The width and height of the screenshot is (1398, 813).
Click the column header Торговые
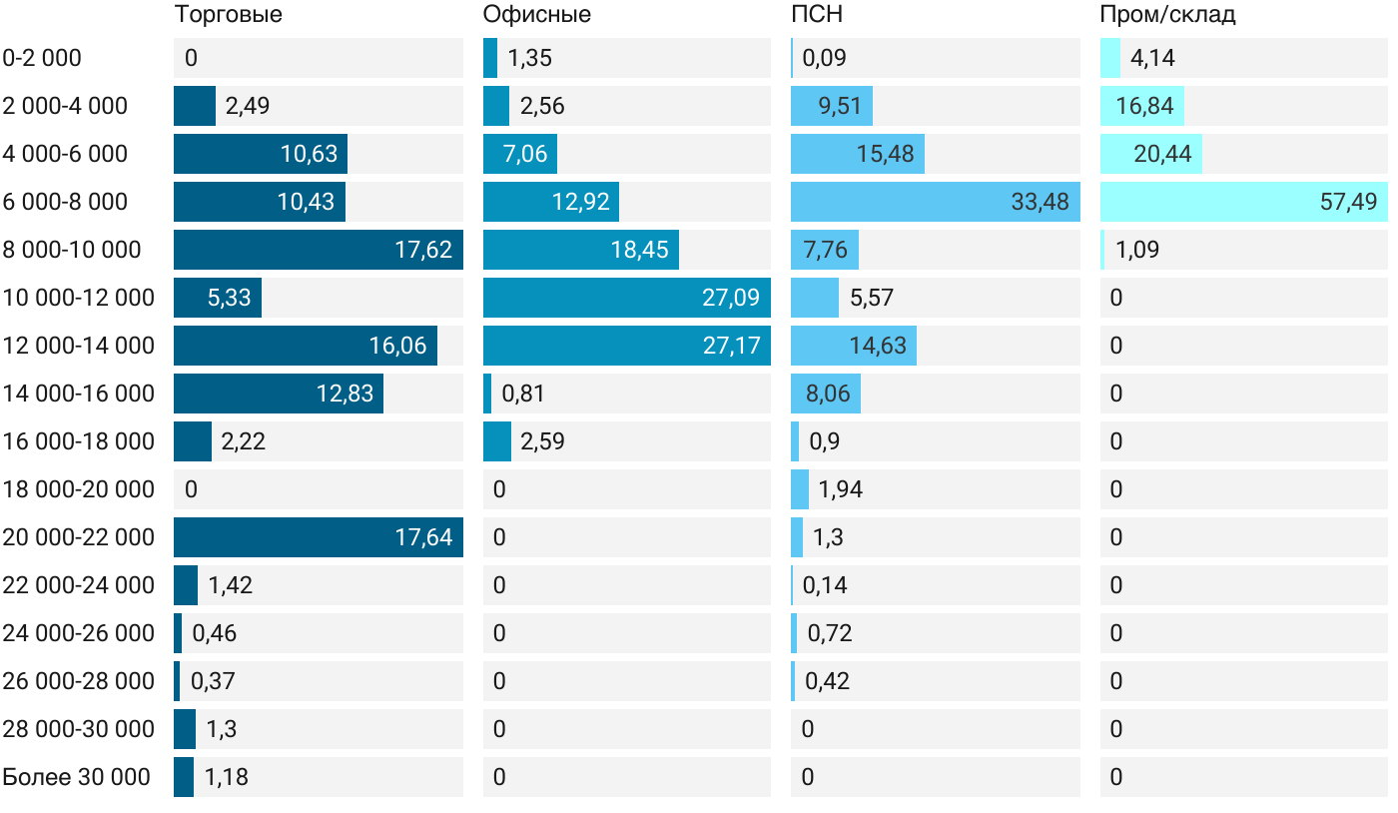tap(229, 14)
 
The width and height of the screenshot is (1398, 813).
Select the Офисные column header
tap(536, 14)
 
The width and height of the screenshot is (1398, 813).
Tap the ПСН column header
tap(817, 14)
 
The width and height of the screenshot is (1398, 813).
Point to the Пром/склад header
tap(1167, 14)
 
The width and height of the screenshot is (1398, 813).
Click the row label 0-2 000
tap(42, 58)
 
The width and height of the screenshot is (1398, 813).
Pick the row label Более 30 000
tap(76, 777)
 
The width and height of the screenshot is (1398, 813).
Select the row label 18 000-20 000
tap(79, 489)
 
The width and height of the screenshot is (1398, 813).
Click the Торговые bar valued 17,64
tap(318, 537)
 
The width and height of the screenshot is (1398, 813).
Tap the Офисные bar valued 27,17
tap(626, 346)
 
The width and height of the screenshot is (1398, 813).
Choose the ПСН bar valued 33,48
tap(935, 202)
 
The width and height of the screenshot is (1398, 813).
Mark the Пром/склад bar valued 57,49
tap(1243, 202)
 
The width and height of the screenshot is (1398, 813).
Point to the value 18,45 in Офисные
tap(639, 250)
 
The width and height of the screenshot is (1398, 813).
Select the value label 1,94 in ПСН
tap(841, 489)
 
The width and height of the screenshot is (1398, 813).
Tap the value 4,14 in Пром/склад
tap(1152, 58)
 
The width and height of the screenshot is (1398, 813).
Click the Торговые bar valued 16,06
tap(305, 346)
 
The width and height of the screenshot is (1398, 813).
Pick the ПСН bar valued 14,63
tap(853, 346)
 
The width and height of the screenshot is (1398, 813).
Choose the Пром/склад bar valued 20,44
tap(1150, 154)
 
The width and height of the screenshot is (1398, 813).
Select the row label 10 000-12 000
tap(79, 298)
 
